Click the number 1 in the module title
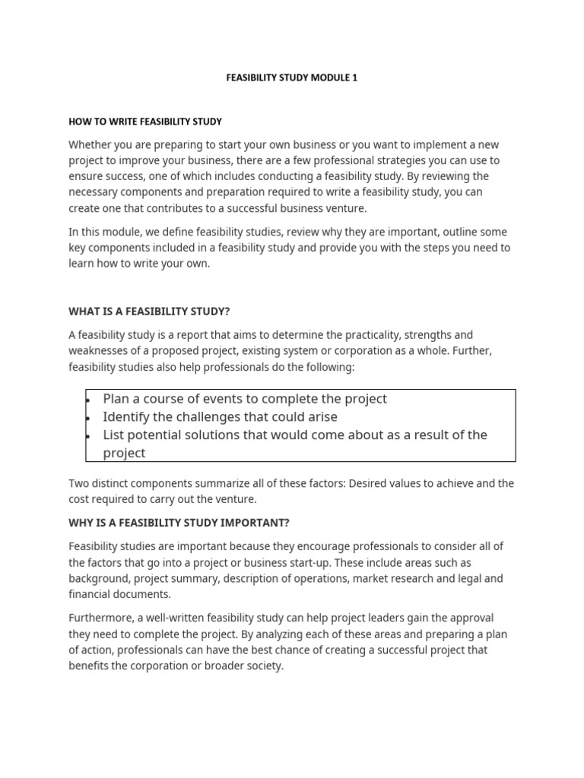354,77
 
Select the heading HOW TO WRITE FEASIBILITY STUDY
145,122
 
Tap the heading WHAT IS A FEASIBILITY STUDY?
149,312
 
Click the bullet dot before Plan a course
89,400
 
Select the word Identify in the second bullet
127,416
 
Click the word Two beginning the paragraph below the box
79,483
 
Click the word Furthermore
102,618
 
